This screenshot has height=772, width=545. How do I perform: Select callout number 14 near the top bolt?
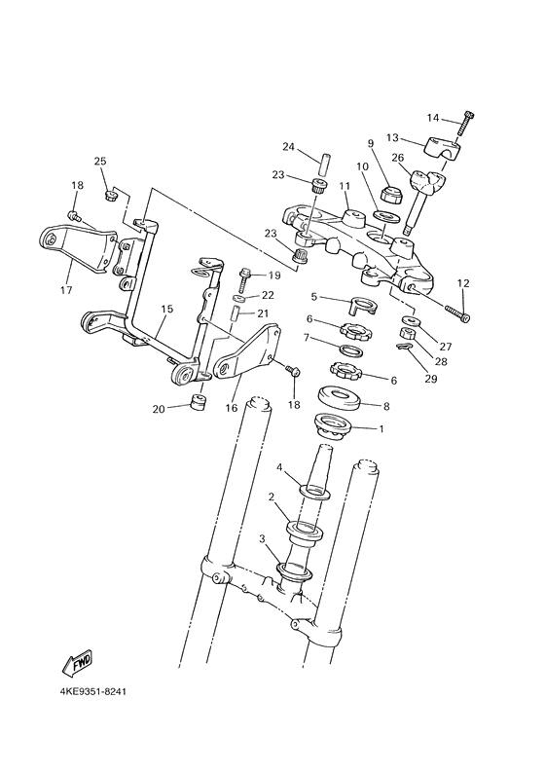coord(433,118)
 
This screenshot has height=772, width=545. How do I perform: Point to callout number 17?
coord(66,289)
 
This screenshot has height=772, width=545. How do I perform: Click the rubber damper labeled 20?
coord(200,402)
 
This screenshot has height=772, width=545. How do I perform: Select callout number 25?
coord(99,161)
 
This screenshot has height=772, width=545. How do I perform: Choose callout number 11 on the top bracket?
coord(344,185)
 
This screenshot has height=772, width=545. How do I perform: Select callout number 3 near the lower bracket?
coord(261,538)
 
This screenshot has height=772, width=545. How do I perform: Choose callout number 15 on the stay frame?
coord(166,309)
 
